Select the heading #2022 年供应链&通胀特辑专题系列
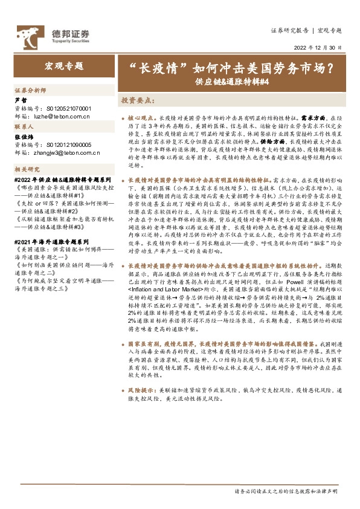click(63, 180)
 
